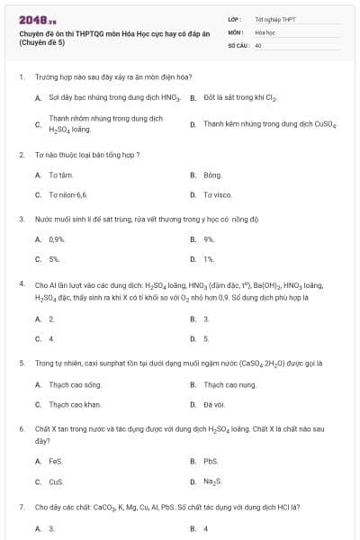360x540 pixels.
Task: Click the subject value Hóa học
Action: pos(265,31)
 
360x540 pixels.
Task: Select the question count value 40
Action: pos(258,44)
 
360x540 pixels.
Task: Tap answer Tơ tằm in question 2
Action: pos(60,176)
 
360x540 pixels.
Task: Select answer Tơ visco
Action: pos(217,194)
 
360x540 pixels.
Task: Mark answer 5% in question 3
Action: pos(55,259)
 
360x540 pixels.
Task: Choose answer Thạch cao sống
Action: pos(72,384)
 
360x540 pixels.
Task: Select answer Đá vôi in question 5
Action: pos(213,404)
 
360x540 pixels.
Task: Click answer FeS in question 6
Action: pos(55,462)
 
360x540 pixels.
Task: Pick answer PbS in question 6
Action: pos(210,462)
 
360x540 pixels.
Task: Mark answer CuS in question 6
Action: pos(56,481)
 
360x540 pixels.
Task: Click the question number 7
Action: pos(21,507)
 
